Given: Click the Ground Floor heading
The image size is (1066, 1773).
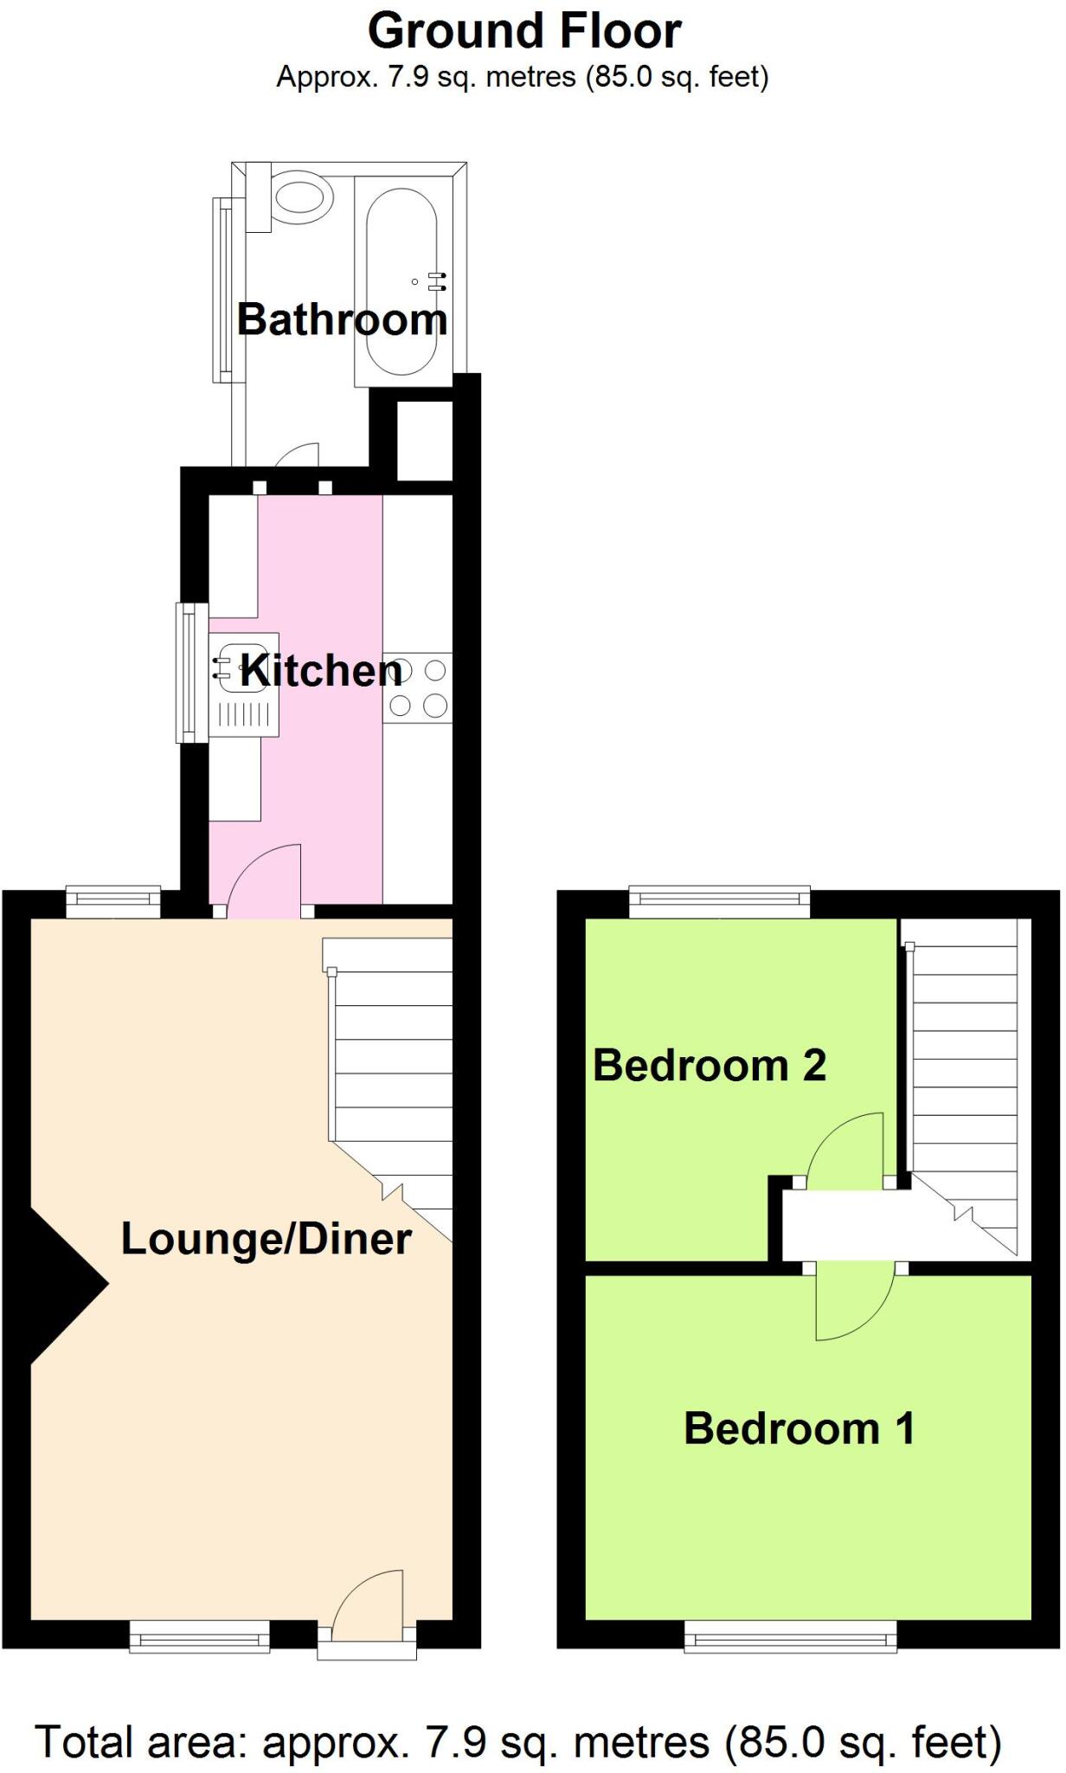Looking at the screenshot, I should tap(524, 31).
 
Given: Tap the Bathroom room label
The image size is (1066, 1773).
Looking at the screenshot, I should tap(342, 319).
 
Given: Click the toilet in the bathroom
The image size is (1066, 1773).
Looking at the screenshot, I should tap(299, 198).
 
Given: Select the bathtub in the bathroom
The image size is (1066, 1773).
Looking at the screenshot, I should tap(402, 281).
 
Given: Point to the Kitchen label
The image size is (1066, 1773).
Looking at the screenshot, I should tap(320, 671).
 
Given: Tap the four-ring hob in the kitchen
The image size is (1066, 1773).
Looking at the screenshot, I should tap(418, 688).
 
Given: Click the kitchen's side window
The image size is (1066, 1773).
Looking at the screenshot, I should tap(191, 673).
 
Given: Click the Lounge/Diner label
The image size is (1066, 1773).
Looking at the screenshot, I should tap(266, 1239).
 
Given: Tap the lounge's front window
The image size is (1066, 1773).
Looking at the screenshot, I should tap(200, 1636).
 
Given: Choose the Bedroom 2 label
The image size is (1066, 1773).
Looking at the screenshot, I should tap(710, 1066).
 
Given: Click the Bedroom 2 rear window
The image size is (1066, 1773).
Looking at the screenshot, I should tap(719, 902).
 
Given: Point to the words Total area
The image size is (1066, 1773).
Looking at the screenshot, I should tap(143, 1742).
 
